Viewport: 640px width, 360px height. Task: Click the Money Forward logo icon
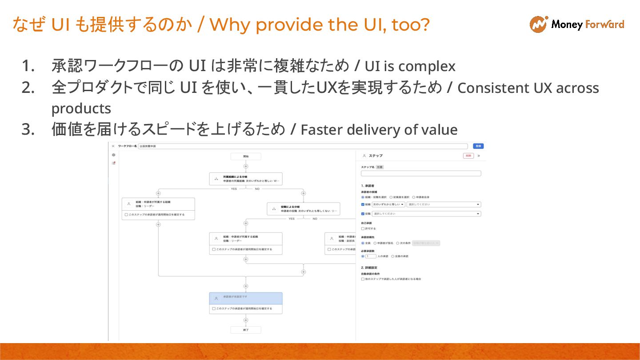tap(538, 24)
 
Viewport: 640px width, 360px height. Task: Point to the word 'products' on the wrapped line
tap(81, 108)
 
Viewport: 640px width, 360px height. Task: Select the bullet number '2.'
tap(28, 88)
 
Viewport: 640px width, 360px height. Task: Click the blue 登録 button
tap(478, 146)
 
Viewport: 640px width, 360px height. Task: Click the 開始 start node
tap(246, 156)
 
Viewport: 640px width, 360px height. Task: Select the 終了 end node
tap(246, 330)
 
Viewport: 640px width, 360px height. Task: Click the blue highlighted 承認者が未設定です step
tap(246, 298)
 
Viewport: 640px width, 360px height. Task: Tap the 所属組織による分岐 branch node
tap(246, 179)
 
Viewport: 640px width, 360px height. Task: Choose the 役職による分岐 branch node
tap(304, 209)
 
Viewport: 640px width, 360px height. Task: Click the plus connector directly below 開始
tap(246, 166)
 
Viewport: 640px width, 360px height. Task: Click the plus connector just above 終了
tap(246, 320)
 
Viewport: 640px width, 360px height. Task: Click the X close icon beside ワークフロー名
tap(113, 146)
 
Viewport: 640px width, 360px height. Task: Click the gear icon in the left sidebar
tap(114, 155)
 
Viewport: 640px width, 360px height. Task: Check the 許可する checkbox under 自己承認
tap(363, 228)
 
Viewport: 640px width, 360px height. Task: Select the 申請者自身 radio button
tap(414, 197)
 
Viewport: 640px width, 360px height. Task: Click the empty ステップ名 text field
tap(420, 174)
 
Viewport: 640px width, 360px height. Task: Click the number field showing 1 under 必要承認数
tap(371, 256)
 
